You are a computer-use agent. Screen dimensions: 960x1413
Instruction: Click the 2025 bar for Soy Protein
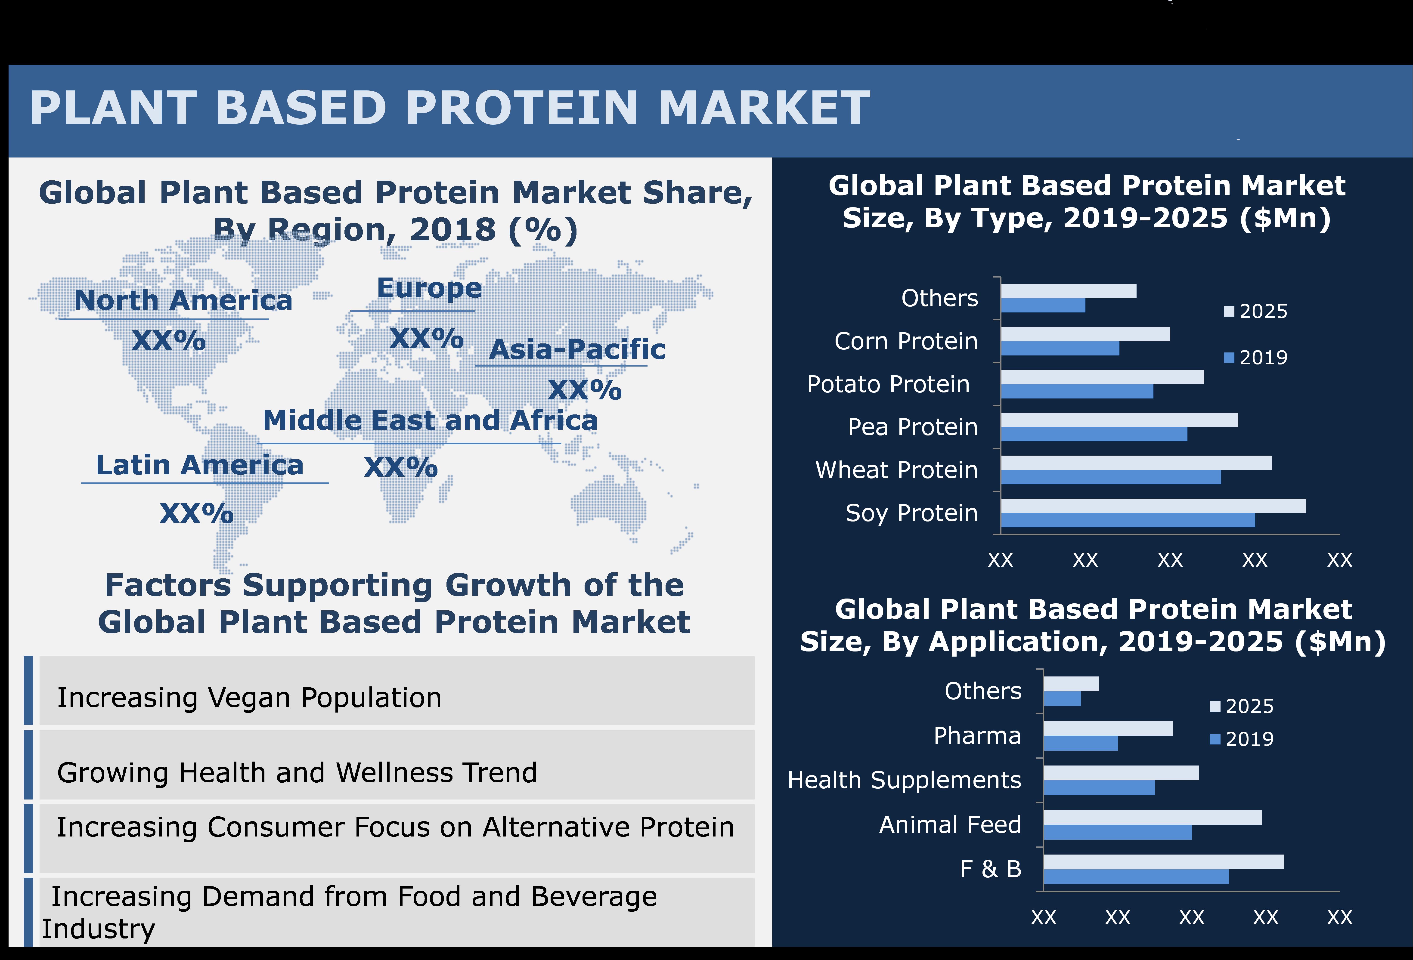[x=1153, y=506]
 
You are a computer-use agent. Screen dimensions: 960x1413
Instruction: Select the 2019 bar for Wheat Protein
[x=1110, y=477]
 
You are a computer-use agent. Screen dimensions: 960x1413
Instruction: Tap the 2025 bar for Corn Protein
[x=1085, y=334]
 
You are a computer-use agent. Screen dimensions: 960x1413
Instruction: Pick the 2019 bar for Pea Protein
[x=1093, y=434]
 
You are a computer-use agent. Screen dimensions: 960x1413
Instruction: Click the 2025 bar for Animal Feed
[x=1152, y=817]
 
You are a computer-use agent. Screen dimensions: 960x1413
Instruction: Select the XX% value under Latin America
[x=196, y=514]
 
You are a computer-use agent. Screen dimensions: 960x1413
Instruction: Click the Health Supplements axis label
[x=904, y=780]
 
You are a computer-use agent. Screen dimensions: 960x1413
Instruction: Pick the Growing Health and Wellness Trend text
[x=297, y=773]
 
